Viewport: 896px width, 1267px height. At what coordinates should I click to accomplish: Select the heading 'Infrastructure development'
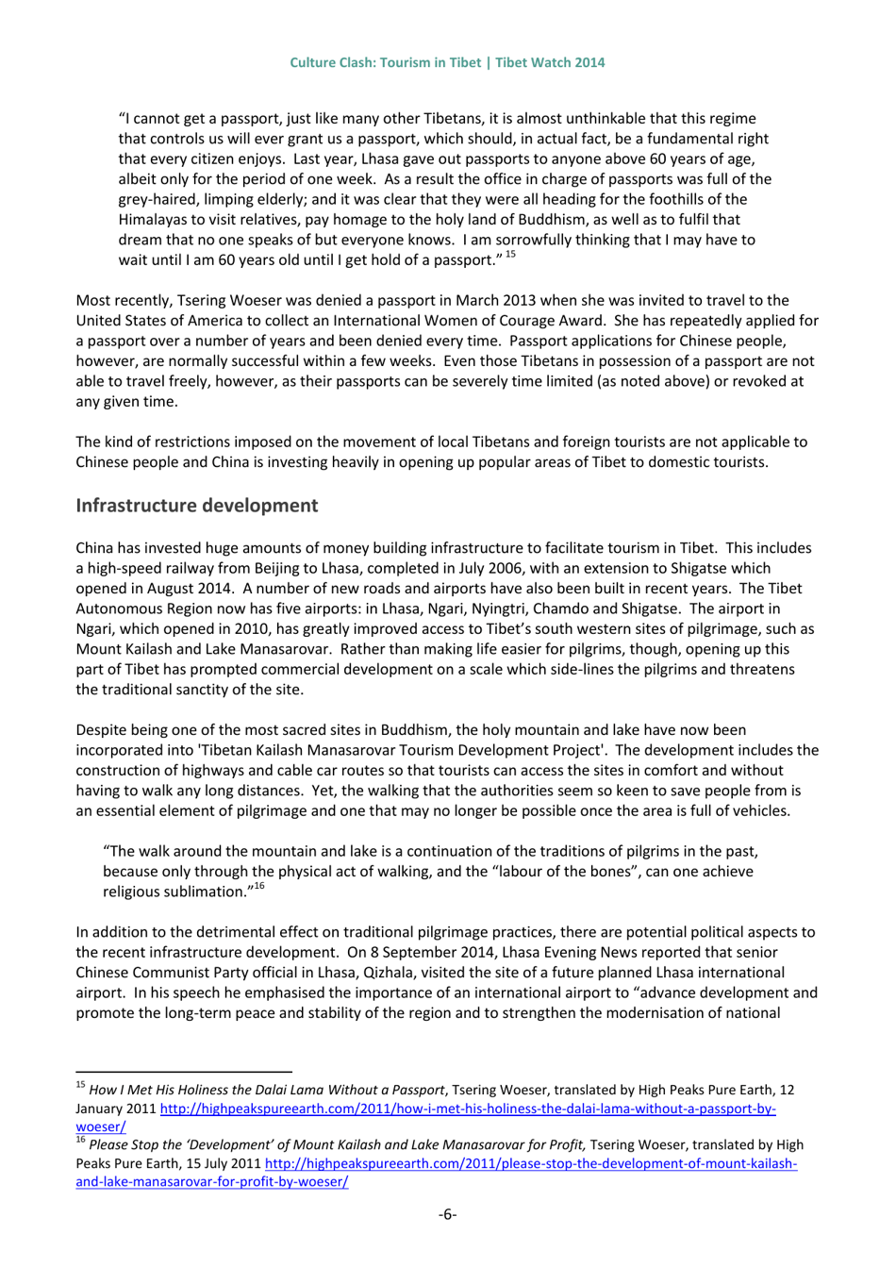click(197, 505)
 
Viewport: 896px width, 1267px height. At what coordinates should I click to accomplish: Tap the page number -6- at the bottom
click(447, 1213)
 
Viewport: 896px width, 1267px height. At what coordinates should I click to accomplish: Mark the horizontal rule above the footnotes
click(184, 1072)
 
